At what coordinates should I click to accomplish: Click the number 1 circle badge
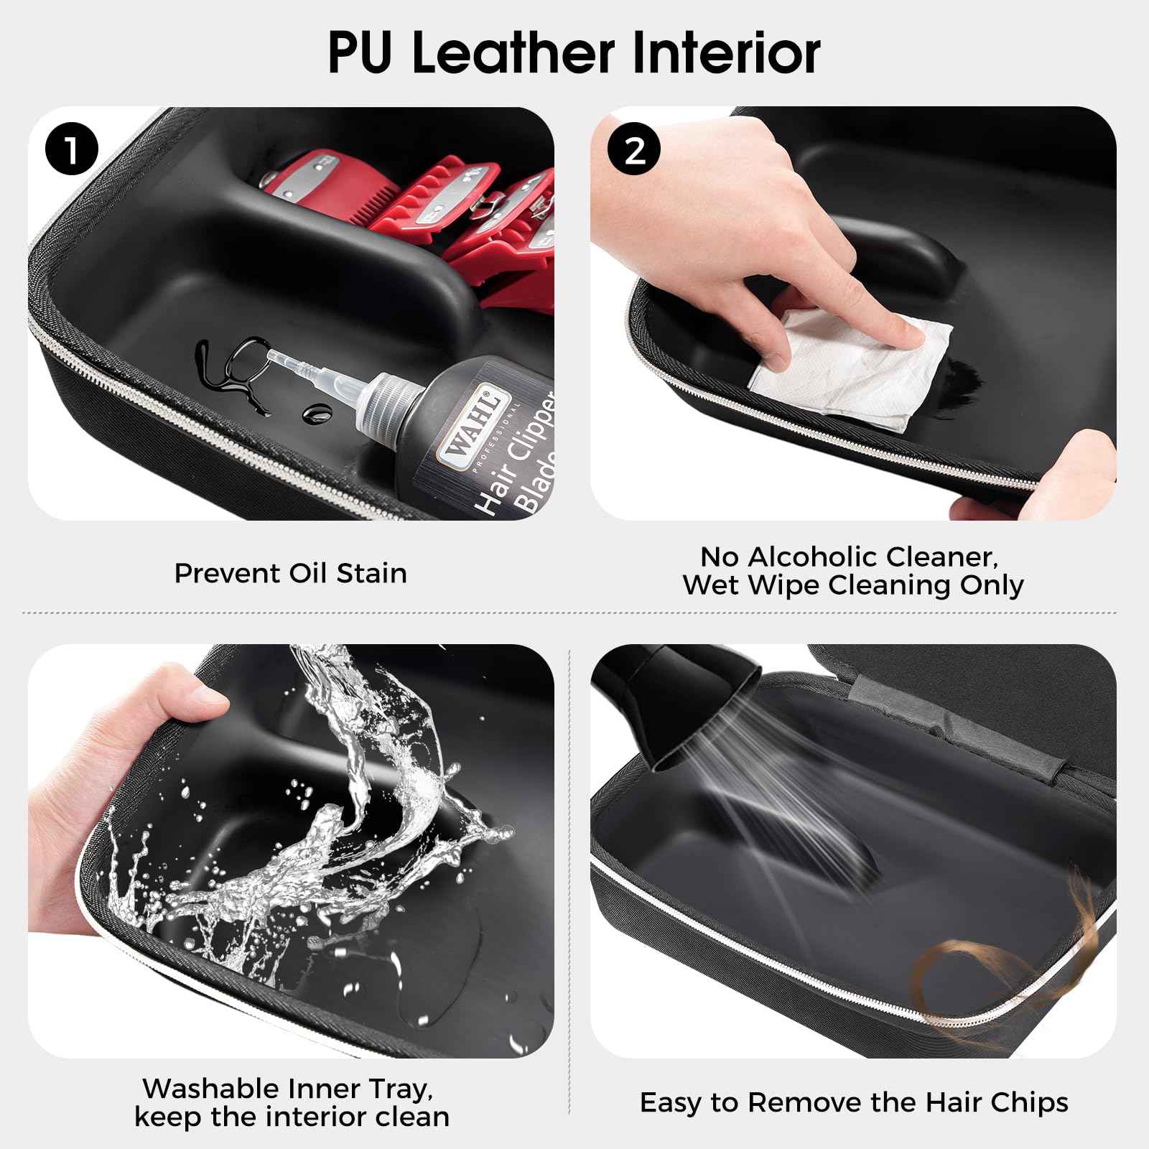71,152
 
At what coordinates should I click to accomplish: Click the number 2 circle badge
634,152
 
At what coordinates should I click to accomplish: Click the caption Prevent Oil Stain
290,573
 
